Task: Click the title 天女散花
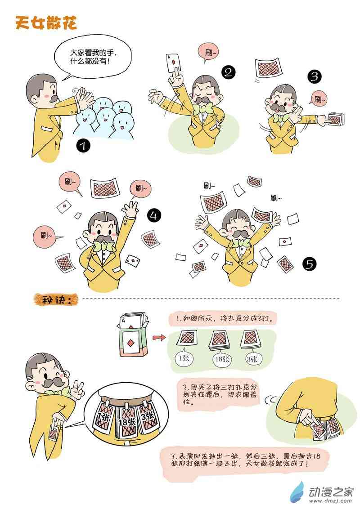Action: tap(46, 23)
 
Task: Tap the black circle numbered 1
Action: tap(84, 146)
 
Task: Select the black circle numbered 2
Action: tap(228, 72)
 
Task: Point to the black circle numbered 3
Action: tap(314, 76)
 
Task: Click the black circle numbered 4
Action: tap(154, 215)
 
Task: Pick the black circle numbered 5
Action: tap(309, 264)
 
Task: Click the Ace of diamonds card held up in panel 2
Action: tap(173, 63)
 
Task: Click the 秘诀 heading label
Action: tap(56, 299)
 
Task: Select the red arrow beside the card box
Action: tap(159, 338)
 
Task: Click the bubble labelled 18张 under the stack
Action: tap(223, 358)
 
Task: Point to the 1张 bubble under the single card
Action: tap(184, 358)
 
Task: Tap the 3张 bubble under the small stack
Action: tap(252, 358)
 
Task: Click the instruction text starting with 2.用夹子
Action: tap(219, 394)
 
